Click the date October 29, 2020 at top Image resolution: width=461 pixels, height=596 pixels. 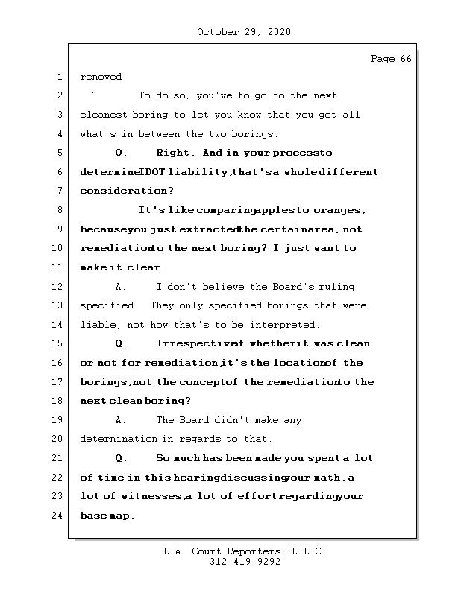243,32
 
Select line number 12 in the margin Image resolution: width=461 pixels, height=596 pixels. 58,287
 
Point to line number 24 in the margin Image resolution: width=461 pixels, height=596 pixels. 58,516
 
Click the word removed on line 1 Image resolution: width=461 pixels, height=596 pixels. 103,77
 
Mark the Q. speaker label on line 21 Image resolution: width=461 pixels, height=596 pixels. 122,458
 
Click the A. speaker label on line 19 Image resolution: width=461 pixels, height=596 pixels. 122,420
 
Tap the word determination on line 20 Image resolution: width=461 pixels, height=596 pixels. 119,439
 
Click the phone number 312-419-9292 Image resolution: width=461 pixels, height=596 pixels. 245,562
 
